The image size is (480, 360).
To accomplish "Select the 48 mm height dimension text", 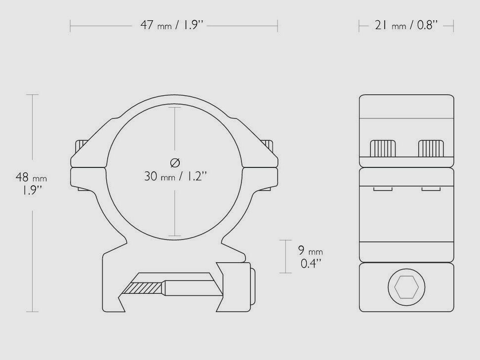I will [33, 184].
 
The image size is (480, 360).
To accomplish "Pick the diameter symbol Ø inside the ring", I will [175, 162].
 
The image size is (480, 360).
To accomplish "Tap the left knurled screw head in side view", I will [383, 148].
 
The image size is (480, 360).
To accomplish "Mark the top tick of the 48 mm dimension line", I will [32, 94].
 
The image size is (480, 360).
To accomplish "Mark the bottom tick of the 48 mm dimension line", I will [32, 312].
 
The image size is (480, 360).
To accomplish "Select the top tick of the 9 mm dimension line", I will [285, 240].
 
